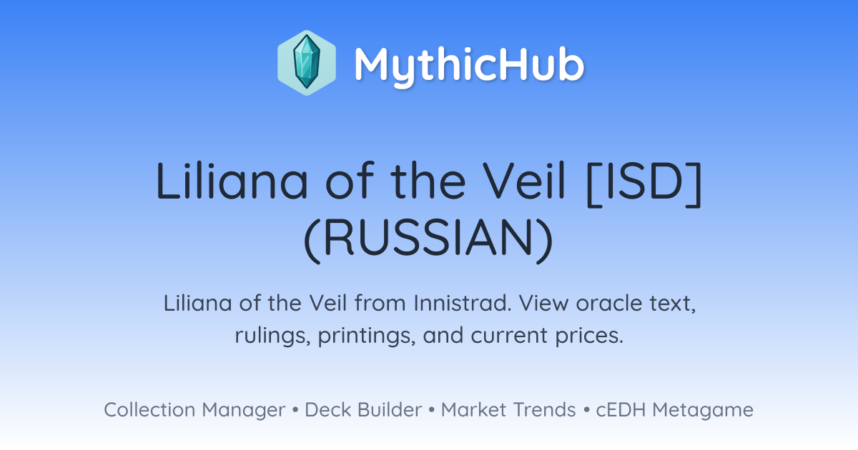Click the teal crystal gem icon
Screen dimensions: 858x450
coord(307,62)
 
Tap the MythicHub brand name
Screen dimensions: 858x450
coord(469,65)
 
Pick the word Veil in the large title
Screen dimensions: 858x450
coord(523,181)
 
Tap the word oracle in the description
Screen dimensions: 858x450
coord(609,303)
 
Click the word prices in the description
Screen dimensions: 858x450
coord(589,336)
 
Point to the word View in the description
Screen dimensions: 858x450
coord(543,303)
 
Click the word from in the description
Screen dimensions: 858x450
coord(380,303)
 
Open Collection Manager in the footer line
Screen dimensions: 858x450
coord(194,410)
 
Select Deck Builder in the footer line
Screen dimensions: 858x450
coord(363,409)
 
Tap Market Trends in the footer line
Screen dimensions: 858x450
coord(508,409)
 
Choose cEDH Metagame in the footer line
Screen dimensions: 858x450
coord(674,410)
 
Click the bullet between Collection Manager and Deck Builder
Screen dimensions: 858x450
coord(295,410)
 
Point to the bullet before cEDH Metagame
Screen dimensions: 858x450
coord(586,410)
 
